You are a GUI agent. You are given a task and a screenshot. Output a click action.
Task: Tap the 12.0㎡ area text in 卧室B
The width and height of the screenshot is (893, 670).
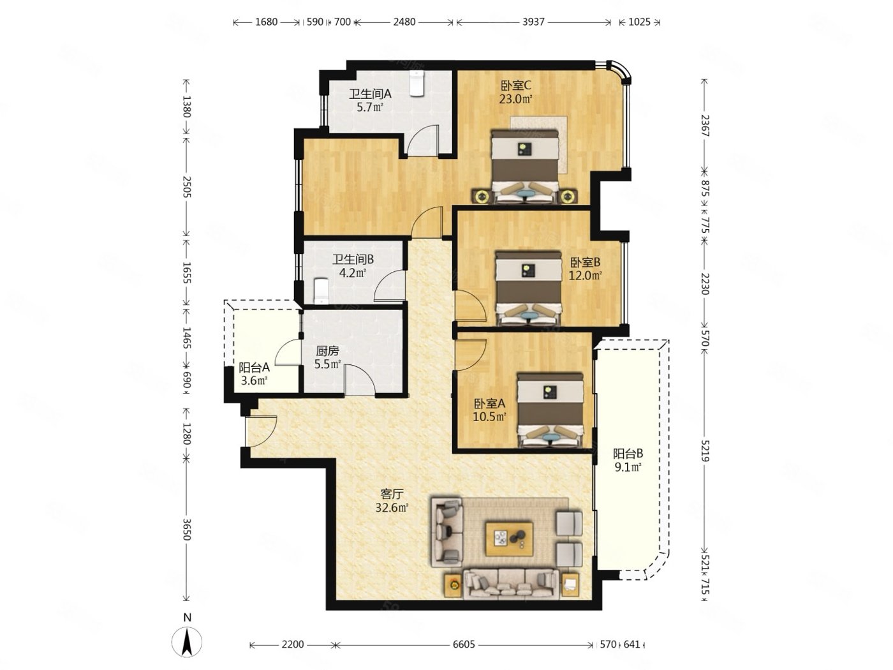pyautogui.click(x=585, y=276)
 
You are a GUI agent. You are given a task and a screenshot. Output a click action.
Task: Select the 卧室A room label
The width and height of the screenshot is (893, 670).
pyautogui.click(x=489, y=403)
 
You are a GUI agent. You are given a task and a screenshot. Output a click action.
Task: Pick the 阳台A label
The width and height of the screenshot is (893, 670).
pyautogui.click(x=254, y=368)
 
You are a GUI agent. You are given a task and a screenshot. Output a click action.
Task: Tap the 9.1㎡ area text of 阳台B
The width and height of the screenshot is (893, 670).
pyautogui.click(x=628, y=467)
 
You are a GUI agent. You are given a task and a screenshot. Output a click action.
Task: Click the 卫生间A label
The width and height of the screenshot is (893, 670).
pyautogui.click(x=370, y=94)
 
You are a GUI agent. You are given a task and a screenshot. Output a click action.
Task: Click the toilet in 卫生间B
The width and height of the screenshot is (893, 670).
pyautogui.click(x=321, y=290)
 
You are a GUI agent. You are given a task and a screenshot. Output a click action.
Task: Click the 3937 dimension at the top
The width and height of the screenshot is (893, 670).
pyautogui.click(x=533, y=22)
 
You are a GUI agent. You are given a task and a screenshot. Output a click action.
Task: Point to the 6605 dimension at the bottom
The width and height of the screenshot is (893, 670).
pyautogui.click(x=464, y=644)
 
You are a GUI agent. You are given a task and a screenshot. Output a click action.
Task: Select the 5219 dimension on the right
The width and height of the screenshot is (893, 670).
pyautogui.click(x=705, y=450)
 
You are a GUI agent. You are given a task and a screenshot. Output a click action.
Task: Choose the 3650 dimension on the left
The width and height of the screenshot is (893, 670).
pyautogui.click(x=186, y=529)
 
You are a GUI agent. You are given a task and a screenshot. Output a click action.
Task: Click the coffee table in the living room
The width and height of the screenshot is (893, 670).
pyautogui.click(x=508, y=539)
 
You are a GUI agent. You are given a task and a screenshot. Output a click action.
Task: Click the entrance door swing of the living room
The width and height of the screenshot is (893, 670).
pyautogui.click(x=262, y=431)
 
